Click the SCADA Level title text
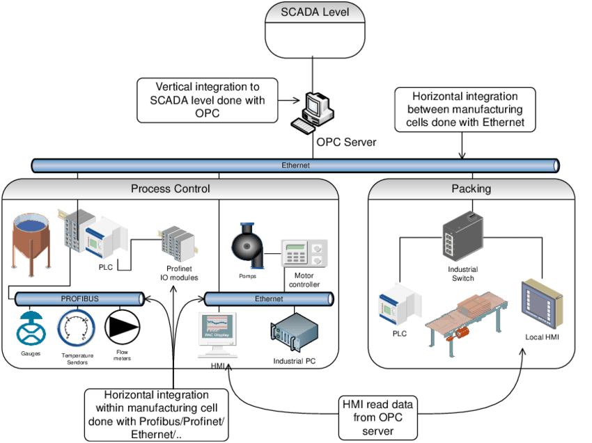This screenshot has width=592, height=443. [x=315, y=12]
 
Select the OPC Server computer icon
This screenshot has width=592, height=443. [x=311, y=112]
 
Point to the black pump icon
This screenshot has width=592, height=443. [x=248, y=246]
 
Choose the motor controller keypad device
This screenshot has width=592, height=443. [x=304, y=258]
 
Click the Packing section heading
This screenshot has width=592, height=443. [x=471, y=188]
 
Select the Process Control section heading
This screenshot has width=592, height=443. [x=171, y=188]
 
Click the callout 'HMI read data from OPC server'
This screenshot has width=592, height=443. [x=377, y=417]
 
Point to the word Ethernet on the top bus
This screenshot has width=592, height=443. [x=295, y=166]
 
